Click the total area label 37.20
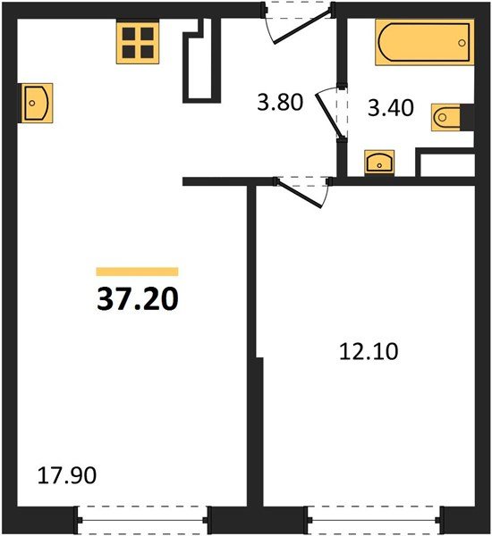point(138,298)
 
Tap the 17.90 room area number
point(67,475)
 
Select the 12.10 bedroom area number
point(369,352)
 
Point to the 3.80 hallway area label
point(280,102)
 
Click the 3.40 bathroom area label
point(391,108)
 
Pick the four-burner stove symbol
point(138,42)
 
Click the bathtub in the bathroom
point(425,42)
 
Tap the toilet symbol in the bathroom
point(445,117)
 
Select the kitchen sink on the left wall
point(35,103)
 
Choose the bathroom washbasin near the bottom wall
point(379,163)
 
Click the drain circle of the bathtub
point(462,43)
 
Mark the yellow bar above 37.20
point(137,272)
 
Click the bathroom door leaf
point(328,115)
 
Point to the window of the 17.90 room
point(142,520)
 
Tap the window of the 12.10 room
point(374,520)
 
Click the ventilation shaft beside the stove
point(202,60)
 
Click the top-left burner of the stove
point(129,34)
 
